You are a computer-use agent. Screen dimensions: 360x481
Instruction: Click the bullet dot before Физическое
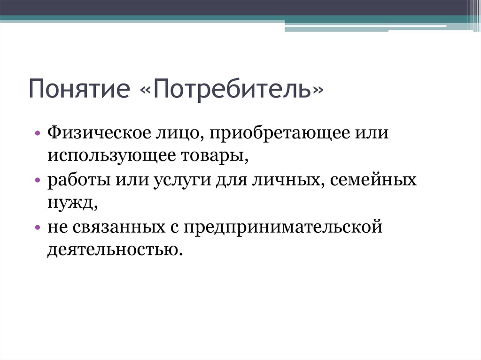pos(37,134)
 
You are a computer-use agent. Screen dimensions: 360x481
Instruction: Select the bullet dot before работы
pos(37,181)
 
